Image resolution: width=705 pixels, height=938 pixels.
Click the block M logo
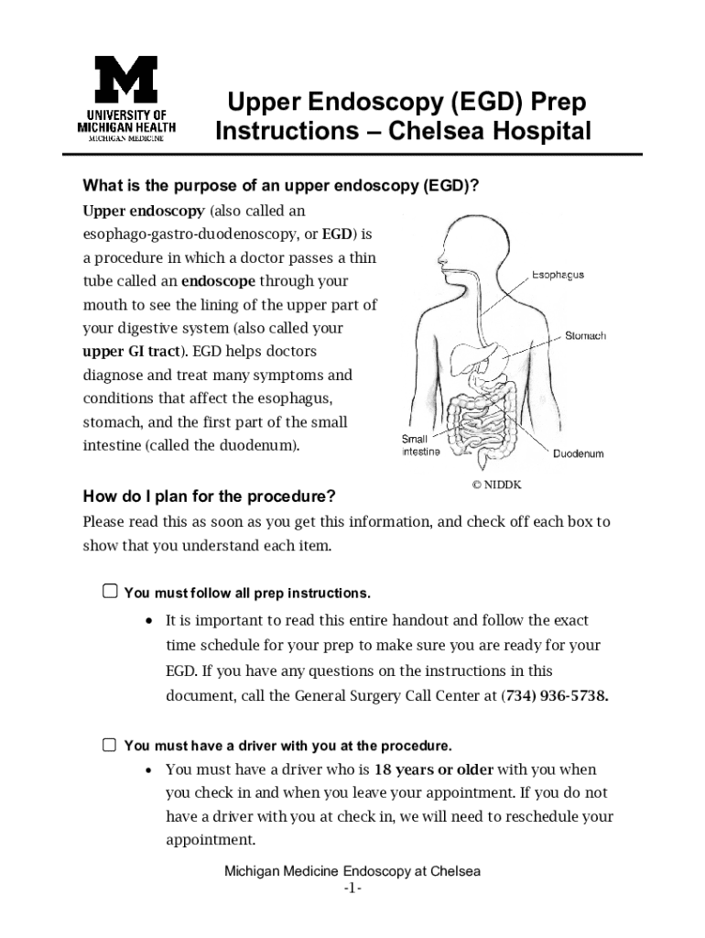click(126, 80)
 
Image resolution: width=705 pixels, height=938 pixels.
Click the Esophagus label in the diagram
click(558, 275)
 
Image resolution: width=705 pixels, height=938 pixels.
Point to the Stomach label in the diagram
click(585, 336)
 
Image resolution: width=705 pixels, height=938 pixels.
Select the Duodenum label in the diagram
click(578, 453)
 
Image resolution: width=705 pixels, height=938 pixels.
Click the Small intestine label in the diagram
click(421, 445)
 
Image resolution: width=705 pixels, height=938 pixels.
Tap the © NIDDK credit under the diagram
click(496, 485)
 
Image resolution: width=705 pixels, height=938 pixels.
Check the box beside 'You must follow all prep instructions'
click(110, 592)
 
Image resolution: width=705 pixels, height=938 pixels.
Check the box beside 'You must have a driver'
click(110, 745)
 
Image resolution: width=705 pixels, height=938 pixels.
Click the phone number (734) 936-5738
click(556, 695)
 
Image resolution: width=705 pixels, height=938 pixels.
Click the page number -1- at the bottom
click(352, 889)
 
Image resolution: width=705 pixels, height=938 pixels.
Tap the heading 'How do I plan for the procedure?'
click(210, 496)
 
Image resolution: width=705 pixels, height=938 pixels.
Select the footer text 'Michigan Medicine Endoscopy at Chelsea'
click(352, 871)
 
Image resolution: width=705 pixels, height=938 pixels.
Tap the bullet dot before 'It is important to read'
click(149, 621)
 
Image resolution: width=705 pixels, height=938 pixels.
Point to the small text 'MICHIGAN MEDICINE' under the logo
click(125, 139)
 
